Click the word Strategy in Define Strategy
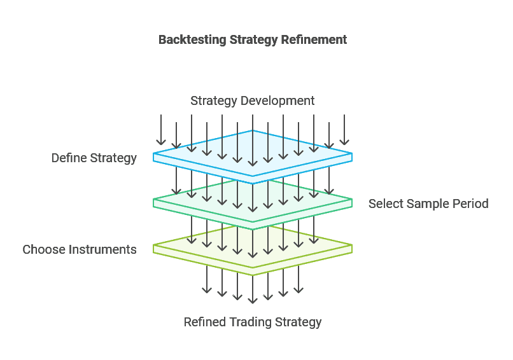click(x=115, y=158)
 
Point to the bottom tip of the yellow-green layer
click(x=253, y=273)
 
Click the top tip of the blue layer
click(x=253, y=131)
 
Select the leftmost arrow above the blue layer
click(x=161, y=130)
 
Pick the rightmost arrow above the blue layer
click(x=344, y=130)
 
